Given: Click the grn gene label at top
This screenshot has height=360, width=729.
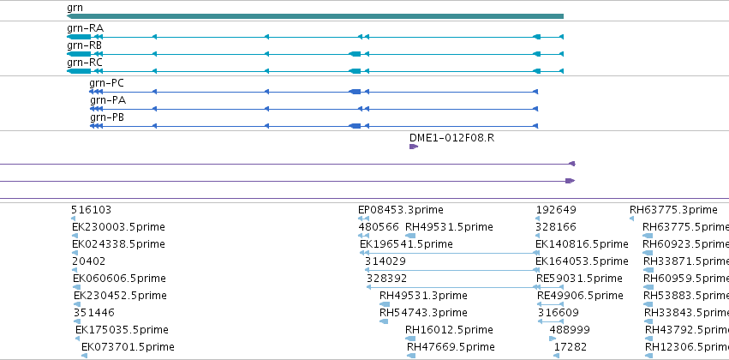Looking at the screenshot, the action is [x=75, y=8].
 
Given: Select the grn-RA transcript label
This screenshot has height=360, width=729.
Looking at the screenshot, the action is [x=85, y=28].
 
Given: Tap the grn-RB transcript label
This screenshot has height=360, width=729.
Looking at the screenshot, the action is [x=84, y=45].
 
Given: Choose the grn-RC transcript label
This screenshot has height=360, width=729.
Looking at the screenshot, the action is [x=85, y=63].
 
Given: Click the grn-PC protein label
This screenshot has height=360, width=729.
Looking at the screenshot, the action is [x=106, y=83].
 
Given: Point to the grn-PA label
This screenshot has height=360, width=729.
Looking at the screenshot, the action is [x=108, y=100].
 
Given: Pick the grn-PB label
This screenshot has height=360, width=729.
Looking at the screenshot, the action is [x=107, y=117].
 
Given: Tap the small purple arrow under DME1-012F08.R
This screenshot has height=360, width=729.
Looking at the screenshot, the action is [x=414, y=147].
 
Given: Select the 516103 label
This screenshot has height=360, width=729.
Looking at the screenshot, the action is [x=91, y=210].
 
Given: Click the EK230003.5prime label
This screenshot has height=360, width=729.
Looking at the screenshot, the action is [x=118, y=227].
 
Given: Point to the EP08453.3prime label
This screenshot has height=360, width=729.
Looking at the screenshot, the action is [x=401, y=210].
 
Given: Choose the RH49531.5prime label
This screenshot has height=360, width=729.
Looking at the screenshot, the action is [x=449, y=227].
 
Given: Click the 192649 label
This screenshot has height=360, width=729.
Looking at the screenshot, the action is [x=556, y=210].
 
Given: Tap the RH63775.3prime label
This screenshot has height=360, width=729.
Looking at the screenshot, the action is [x=673, y=210].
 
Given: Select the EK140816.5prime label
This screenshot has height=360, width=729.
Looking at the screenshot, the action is [x=582, y=244].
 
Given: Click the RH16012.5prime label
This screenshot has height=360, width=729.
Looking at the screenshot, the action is [x=449, y=330].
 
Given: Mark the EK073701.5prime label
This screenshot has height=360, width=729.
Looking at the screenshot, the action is [x=128, y=347].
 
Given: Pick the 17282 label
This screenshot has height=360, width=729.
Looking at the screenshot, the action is [x=571, y=347].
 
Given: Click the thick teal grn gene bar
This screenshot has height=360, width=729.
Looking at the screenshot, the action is [x=315, y=16].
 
